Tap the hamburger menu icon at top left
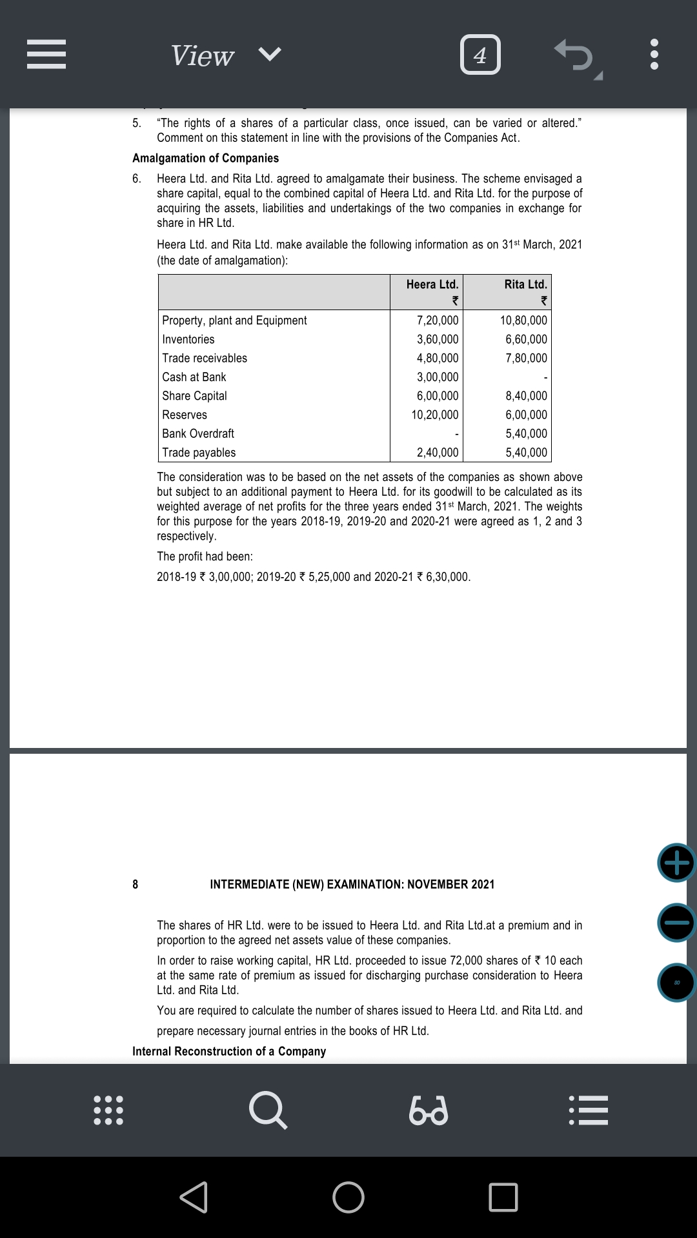tap(46, 55)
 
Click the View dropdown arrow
tap(270, 54)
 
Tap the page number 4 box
tap(480, 55)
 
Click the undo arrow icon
tap(574, 55)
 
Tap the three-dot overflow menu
tap(654, 55)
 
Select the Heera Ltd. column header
tap(432, 284)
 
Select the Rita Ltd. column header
tap(525, 284)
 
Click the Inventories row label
tap(188, 339)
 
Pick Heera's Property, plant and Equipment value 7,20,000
tap(438, 320)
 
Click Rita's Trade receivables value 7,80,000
tap(526, 358)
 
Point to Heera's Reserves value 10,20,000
tap(435, 415)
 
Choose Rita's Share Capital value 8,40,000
tap(526, 396)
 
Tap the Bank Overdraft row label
tap(198, 433)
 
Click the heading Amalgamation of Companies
tap(206, 158)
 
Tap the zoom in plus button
tap(676, 863)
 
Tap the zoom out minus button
tap(676, 923)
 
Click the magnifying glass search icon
tap(267, 1110)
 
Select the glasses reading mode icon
tap(429, 1110)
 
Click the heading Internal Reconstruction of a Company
tap(229, 1051)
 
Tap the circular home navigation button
tap(348, 1197)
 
